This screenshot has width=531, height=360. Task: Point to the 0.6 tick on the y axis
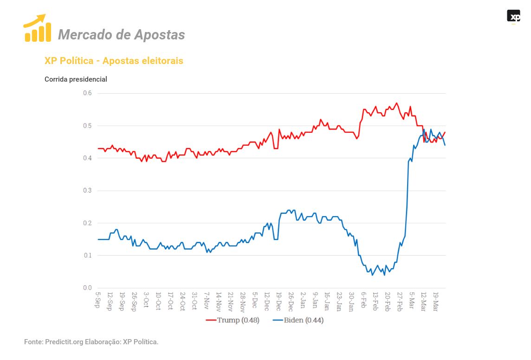87,93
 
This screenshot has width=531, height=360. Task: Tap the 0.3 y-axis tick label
87,191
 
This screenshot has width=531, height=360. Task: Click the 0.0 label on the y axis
87,288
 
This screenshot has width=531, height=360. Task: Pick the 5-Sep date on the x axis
97,300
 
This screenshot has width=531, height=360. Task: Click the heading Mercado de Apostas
121,34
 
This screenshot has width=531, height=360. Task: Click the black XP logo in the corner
513,16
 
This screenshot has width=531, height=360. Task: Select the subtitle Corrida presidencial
76,79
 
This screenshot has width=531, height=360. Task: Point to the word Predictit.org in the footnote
64,342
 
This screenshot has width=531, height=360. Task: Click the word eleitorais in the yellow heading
162,61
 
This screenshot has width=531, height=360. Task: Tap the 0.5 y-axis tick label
87,126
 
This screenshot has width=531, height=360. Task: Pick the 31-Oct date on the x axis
194,301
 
